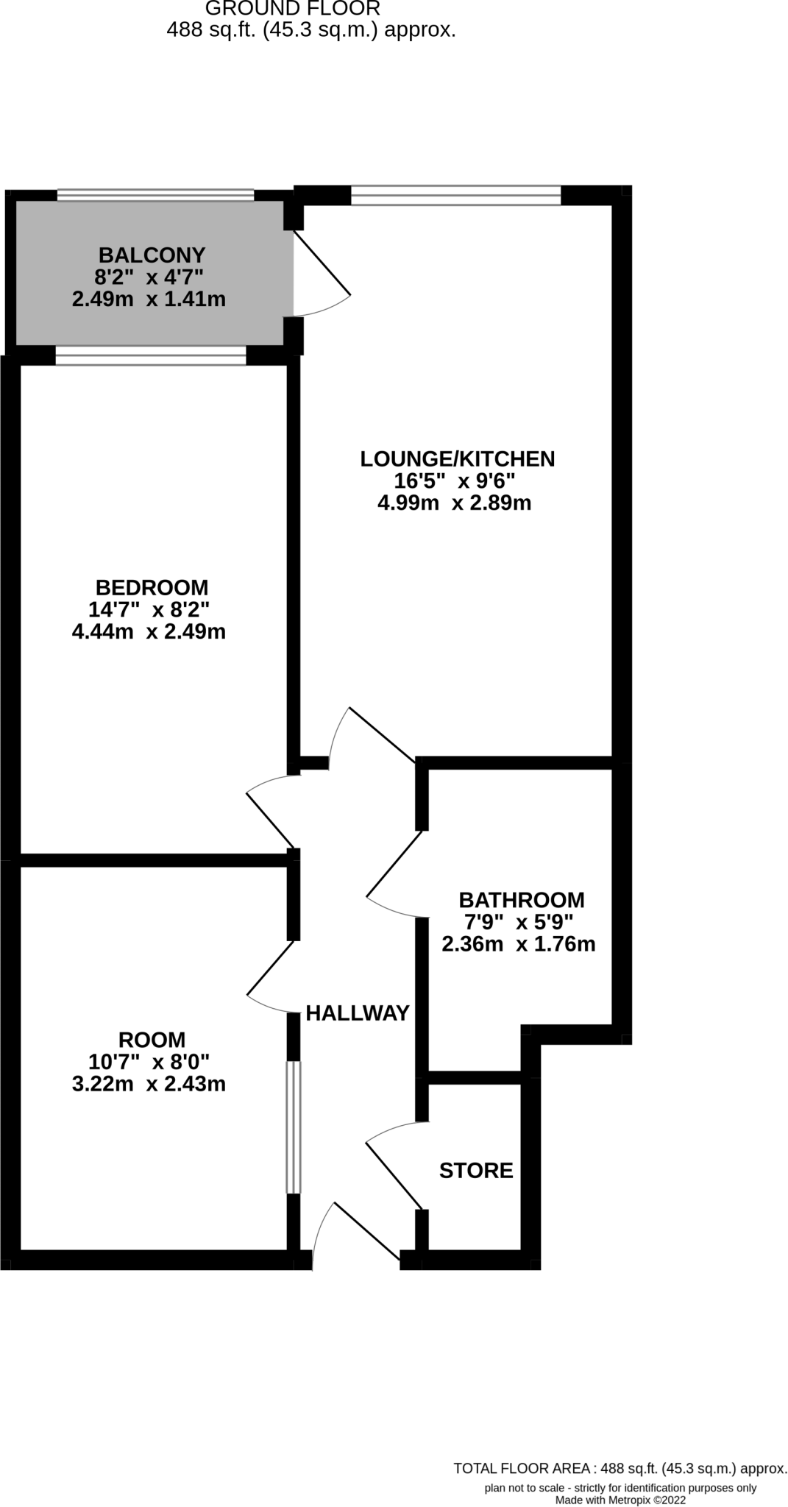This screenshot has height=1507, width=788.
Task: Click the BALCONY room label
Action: click(152, 255)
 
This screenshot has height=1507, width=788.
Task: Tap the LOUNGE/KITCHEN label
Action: click(457, 459)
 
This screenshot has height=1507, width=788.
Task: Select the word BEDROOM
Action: click(152, 587)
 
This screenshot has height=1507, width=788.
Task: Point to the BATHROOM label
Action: click(521, 900)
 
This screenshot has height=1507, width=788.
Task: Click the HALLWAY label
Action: click(358, 1013)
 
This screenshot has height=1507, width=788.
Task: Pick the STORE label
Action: click(476, 1170)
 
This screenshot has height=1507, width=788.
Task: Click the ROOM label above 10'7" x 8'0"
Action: click(152, 1040)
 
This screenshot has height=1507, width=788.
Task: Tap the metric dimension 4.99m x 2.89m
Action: click(454, 503)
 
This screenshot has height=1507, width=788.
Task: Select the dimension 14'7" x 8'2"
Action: click(149, 609)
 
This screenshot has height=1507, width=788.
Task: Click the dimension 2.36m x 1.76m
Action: click(518, 944)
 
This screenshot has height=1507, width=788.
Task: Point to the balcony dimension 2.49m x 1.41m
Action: click(149, 299)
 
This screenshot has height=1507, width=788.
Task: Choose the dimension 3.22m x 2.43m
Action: click(149, 1084)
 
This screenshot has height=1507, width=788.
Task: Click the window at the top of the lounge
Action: click(456, 195)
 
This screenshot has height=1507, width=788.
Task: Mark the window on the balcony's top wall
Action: click(155, 195)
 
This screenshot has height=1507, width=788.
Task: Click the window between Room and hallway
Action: click(294, 1127)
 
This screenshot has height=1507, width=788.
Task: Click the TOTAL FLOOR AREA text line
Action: click(620, 1469)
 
